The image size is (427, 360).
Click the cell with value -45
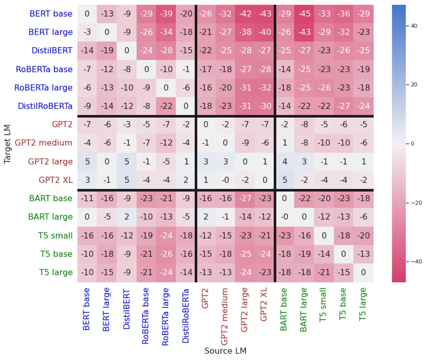pyautogui.click(x=304, y=14)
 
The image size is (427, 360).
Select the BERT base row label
pyautogui.click(x=51, y=14)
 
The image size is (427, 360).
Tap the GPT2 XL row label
pyautogui.click(x=55, y=180)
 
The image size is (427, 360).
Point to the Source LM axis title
pyautogui.click(x=225, y=351)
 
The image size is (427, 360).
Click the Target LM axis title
pyautogui.click(x=8, y=143)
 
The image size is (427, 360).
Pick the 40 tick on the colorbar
pyautogui.click(x=413, y=26)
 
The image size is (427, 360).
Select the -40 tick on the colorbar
pyautogui.click(x=413, y=262)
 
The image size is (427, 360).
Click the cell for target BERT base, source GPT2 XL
pyautogui.click(x=264, y=14)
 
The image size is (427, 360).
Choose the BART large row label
pyautogui.click(x=50, y=217)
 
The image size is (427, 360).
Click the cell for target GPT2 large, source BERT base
pyautogui.click(x=87, y=161)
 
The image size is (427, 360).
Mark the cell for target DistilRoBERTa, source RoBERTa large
pyautogui.click(x=166, y=106)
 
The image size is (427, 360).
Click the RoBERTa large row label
pyautogui.click(x=43, y=88)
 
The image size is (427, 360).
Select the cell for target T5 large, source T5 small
pyautogui.click(x=324, y=272)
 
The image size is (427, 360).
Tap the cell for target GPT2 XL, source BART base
pyautogui.click(x=284, y=180)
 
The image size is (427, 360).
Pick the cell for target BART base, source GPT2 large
pyautogui.click(x=245, y=198)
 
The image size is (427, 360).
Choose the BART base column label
pyautogui.click(x=284, y=309)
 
